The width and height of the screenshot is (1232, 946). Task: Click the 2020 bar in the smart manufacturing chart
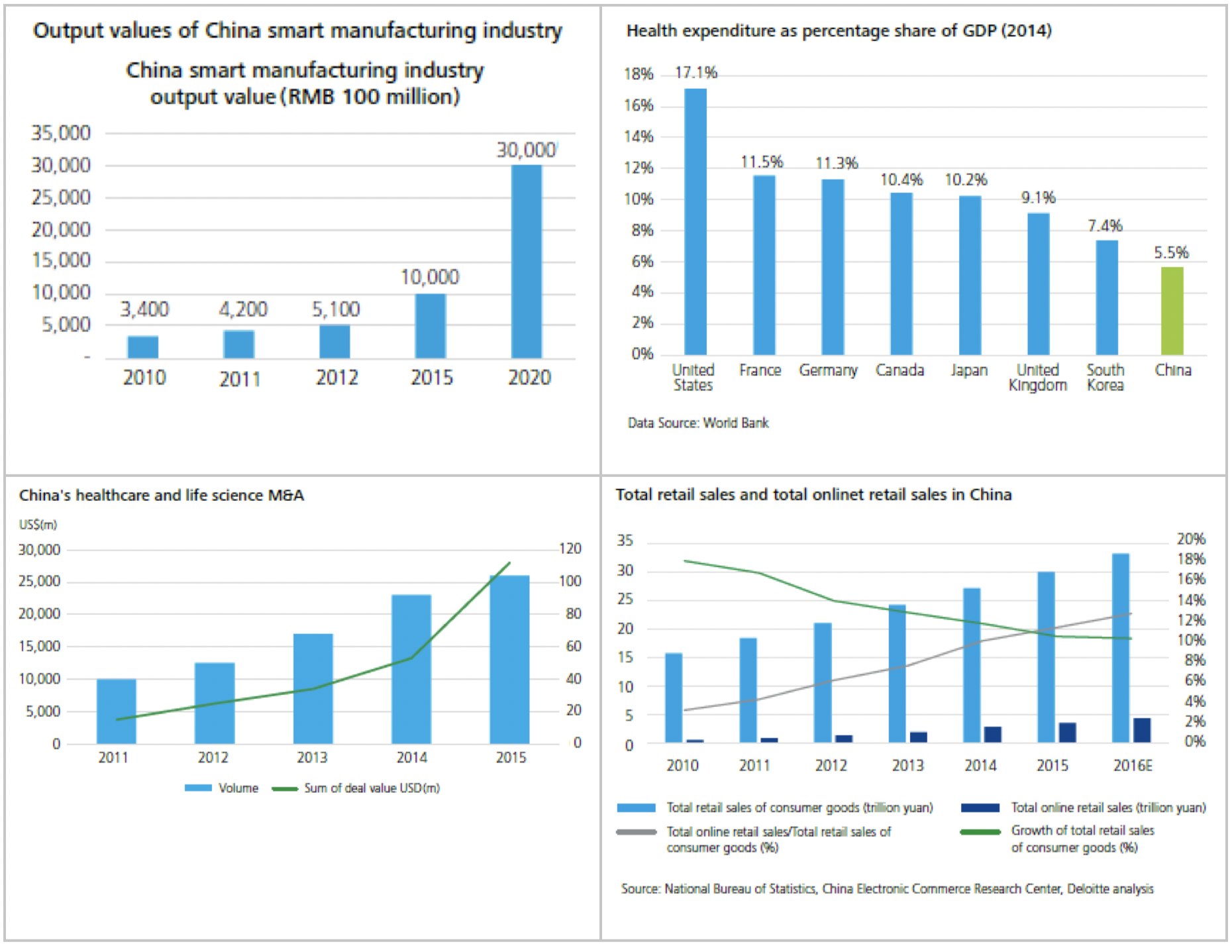[527, 261]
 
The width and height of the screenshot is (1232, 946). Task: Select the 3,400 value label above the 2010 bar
[144, 309]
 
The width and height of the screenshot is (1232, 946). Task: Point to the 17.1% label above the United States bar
[695, 72]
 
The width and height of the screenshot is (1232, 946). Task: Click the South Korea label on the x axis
[1105, 378]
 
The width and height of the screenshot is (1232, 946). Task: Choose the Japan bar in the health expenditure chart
[970, 275]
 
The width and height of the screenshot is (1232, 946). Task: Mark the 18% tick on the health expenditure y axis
[638, 74]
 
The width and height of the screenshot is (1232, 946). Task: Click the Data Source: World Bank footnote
[698, 423]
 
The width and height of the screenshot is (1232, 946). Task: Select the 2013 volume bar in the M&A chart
[313, 688]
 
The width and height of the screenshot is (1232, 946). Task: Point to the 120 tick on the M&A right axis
[570, 549]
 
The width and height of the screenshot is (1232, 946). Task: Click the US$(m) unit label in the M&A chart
[38, 525]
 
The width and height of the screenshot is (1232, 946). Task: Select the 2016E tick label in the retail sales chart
[1133, 766]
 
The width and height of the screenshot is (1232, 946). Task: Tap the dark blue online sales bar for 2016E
[1142, 729]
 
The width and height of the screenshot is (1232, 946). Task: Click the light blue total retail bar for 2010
[674, 697]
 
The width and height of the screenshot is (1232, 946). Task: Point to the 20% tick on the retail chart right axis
[1190, 539]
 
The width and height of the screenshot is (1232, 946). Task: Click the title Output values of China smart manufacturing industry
[297, 30]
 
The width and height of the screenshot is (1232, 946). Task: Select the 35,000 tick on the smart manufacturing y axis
[61, 133]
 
